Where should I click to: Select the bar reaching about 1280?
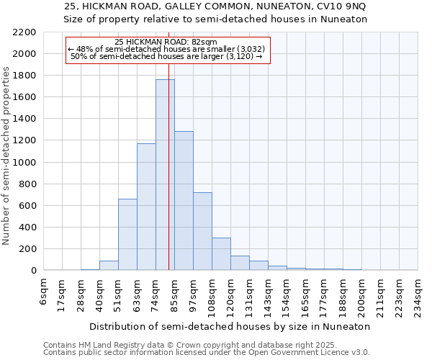coord(184,201)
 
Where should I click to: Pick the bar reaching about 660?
coord(127,234)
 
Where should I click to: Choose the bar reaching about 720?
coord(202,231)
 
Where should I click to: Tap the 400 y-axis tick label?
coord(28,228)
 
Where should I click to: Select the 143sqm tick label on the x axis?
coord(269,294)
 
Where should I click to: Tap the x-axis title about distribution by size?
coord(230,326)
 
